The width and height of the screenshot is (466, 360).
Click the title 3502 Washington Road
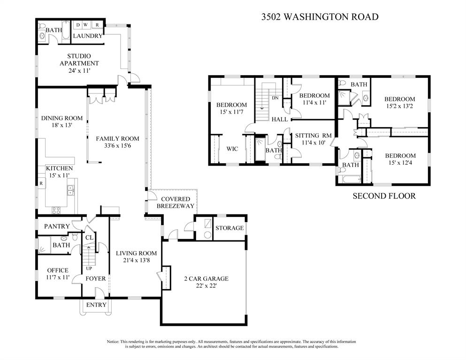[320, 16]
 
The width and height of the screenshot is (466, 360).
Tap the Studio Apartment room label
[79, 60]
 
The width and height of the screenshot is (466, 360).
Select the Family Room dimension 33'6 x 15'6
[117, 146]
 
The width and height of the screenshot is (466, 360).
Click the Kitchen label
[60, 168]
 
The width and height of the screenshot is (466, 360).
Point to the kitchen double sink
[71, 190]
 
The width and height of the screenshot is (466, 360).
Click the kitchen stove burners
[56, 210]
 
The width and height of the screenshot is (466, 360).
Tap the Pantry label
[57, 226]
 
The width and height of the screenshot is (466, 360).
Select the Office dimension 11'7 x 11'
[58, 277]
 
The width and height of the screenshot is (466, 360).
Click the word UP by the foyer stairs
[89, 268]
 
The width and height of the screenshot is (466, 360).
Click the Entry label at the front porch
[96, 305]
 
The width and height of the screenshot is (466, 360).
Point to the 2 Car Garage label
[206, 278]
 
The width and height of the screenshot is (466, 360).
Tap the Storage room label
[229, 228]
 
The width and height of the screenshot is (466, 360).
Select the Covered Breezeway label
[176, 202]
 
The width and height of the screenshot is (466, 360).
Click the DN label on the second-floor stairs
[275, 98]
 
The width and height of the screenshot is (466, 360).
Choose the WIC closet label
[232, 149]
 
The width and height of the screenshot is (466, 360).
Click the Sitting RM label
[313, 136]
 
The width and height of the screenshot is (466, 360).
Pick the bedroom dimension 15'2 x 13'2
[400, 106]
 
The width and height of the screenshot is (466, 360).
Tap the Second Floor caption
[384, 196]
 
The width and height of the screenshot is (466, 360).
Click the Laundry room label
[88, 36]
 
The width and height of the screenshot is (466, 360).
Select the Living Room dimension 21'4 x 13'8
[137, 260]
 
